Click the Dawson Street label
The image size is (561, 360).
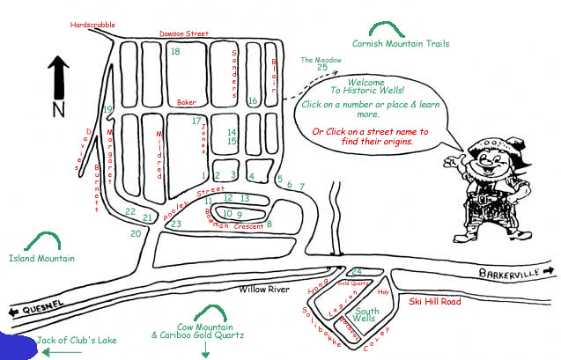183,33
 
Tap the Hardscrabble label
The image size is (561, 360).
92,26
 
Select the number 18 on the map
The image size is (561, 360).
175,52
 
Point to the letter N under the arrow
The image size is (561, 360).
58,109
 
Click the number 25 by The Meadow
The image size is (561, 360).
322,67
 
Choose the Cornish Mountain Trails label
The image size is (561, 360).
400,43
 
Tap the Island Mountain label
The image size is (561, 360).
41,259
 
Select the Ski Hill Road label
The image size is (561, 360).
435,301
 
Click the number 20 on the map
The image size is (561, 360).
135,233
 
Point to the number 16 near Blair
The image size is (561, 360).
252,101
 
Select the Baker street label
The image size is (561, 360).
185,102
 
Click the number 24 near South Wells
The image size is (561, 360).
356,271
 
